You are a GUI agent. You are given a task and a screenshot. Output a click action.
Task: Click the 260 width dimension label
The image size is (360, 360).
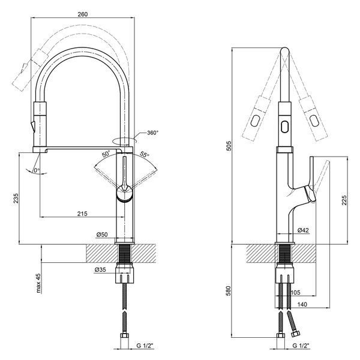[82, 14]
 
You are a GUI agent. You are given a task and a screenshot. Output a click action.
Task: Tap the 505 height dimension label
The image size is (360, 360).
[229, 146]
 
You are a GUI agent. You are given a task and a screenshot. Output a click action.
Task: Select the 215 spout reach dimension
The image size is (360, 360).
[82, 214]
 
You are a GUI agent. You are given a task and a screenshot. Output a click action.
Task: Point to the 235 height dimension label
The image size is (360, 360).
[16, 199]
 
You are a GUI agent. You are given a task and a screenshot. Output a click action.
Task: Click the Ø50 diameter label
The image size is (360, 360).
[102, 235]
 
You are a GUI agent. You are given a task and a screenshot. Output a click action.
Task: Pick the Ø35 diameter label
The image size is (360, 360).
[100, 270]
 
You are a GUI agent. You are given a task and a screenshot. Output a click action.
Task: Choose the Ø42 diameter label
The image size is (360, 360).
[303, 230]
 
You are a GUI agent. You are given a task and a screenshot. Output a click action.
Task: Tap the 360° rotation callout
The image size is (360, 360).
[153, 133]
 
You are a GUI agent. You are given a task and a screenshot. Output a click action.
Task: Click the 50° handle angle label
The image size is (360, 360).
[106, 154]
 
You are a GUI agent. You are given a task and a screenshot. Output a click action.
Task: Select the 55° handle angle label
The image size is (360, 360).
[145, 155]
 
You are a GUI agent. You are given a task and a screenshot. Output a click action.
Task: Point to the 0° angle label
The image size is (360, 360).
[37, 170]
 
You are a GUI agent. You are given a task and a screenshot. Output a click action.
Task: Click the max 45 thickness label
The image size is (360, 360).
[38, 283]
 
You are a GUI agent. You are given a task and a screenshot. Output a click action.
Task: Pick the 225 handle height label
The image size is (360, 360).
[344, 200]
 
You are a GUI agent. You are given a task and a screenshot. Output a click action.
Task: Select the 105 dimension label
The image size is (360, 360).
[296, 292]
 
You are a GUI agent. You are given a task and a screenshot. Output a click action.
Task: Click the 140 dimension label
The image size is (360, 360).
[302, 304]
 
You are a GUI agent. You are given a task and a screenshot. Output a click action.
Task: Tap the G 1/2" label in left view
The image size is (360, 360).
[145, 352]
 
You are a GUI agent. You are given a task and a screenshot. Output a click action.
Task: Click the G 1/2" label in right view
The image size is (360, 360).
[301, 352]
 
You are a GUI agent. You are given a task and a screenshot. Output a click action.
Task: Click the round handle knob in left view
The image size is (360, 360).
[124, 193]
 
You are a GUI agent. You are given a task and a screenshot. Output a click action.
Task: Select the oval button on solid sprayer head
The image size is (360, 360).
[284, 127]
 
